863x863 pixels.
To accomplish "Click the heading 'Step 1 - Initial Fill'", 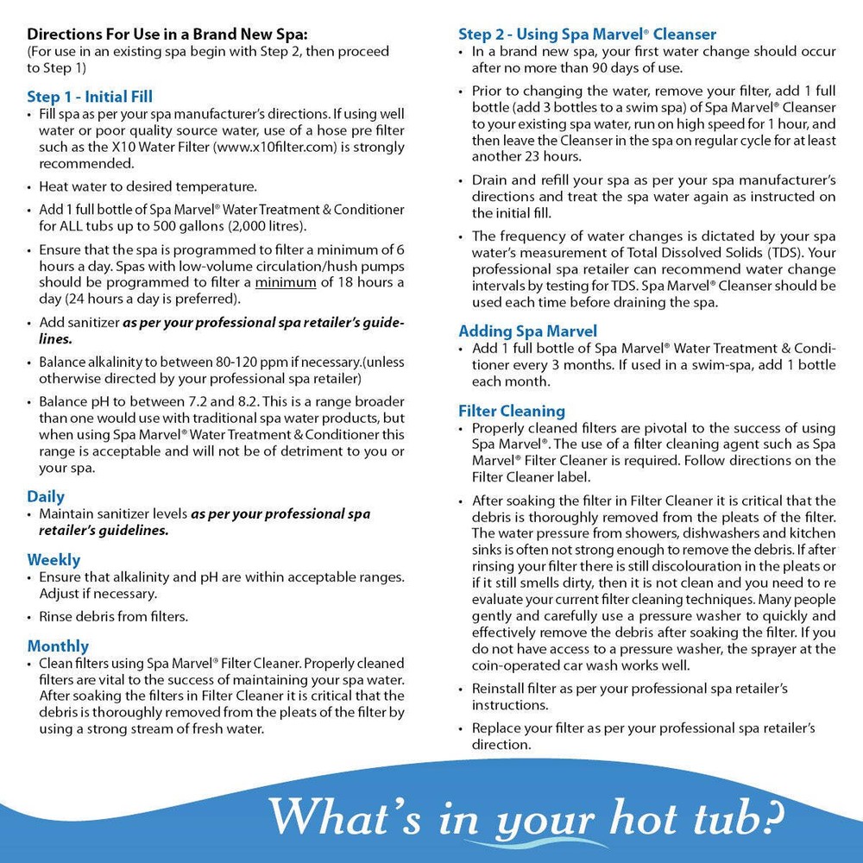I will pos(90,96).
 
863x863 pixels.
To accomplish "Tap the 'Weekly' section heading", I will pos(54,559).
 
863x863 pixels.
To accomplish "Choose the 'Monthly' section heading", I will pos(58,646).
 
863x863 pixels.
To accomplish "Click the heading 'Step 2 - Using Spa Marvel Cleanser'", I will pos(587,35).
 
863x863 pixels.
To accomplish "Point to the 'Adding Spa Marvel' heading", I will pos(527,331).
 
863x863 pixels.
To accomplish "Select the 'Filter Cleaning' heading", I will pos(512,411).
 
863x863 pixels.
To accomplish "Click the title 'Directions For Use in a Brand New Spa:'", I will pos(167,35).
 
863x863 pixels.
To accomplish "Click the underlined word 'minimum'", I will pos(284,281).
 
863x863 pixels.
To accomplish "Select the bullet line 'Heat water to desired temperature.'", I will pos(148,186).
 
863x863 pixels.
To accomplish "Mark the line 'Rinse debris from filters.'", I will pos(113,616).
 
